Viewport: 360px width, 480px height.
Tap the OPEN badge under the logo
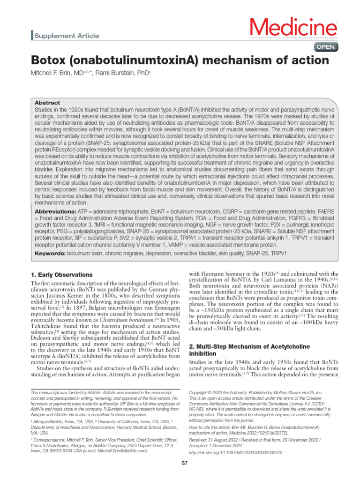tap(325, 47)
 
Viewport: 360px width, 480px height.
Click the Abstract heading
tap(47, 103)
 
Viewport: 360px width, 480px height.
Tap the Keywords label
tap(51, 253)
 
